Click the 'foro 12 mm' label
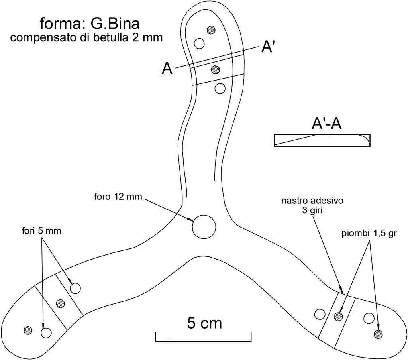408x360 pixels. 118,197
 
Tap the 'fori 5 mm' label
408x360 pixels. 41,230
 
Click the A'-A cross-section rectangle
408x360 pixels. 322,140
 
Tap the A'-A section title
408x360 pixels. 326,124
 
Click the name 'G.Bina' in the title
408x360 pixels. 115,24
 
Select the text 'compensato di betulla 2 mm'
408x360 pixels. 86,38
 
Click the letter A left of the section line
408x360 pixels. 167,69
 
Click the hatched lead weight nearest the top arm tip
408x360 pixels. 211,30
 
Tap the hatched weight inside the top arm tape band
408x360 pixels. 216,69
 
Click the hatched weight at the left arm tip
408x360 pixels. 28,330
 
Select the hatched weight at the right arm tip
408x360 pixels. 378,334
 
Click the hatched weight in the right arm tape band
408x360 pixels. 338,317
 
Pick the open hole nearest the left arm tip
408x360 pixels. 46,332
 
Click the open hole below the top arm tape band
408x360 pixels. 220,88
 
